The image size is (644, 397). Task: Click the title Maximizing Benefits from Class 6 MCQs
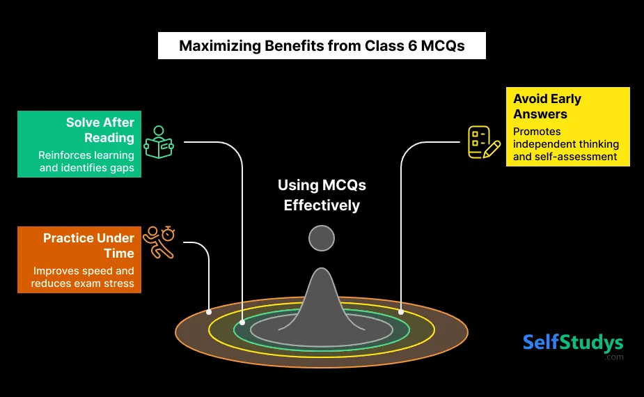(x=322, y=47)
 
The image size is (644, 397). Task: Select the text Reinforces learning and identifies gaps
(x=87, y=162)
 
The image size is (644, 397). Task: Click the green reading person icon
(x=159, y=142)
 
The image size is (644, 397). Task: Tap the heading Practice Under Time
(x=88, y=245)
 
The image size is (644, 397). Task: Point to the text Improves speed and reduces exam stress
(x=84, y=277)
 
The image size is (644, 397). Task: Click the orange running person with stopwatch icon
(x=158, y=242)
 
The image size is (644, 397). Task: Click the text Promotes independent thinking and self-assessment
(x=566, y=144)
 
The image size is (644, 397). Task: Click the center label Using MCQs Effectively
(x=322, y=195)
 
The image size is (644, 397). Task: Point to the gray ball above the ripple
(x=322, y=238)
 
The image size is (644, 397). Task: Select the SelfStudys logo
(x=573, y=343)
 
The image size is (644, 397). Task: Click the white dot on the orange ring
(x=209, y=311)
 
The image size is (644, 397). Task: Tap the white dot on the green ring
(x=242, y=322)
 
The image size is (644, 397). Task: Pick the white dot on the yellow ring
(x=401, y=311)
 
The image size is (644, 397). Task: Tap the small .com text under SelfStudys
(x=614, y=357)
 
